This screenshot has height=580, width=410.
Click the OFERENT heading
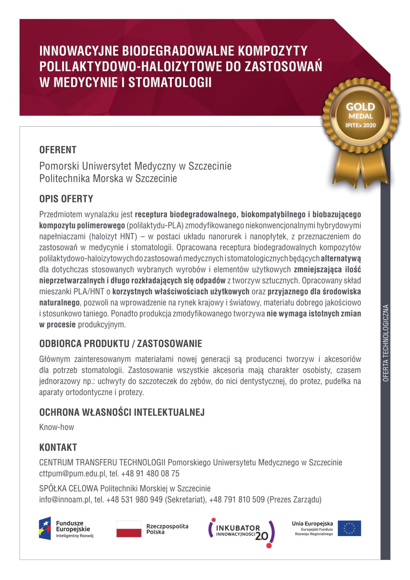(x=58, y=150)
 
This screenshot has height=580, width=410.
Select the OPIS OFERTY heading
(x=66, y=199)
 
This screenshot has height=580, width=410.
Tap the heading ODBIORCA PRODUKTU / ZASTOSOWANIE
(x=121, y=344)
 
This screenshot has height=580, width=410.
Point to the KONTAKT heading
(x=58, y=448)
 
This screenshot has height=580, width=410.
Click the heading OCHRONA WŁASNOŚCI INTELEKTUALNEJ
(x=122, y=412)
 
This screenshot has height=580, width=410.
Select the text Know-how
(x=57, y=427)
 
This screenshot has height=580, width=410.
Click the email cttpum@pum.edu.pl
(x=72, y=474)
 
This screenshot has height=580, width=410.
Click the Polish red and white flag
(x=129, y=529)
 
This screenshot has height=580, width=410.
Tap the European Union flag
(x=349, y=528)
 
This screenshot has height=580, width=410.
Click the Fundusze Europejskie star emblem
(x=45, y=528)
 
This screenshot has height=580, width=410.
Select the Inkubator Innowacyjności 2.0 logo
(x=241, y=532)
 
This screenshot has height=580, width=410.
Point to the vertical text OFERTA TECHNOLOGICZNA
(x=385, y=343)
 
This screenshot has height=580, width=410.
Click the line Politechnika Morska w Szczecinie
(x=108, y=179)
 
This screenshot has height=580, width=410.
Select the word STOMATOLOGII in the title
(x=170, y=82)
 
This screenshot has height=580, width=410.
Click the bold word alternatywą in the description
(x=341, y=259)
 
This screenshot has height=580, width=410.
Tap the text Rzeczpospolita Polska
(x=167, y=529)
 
